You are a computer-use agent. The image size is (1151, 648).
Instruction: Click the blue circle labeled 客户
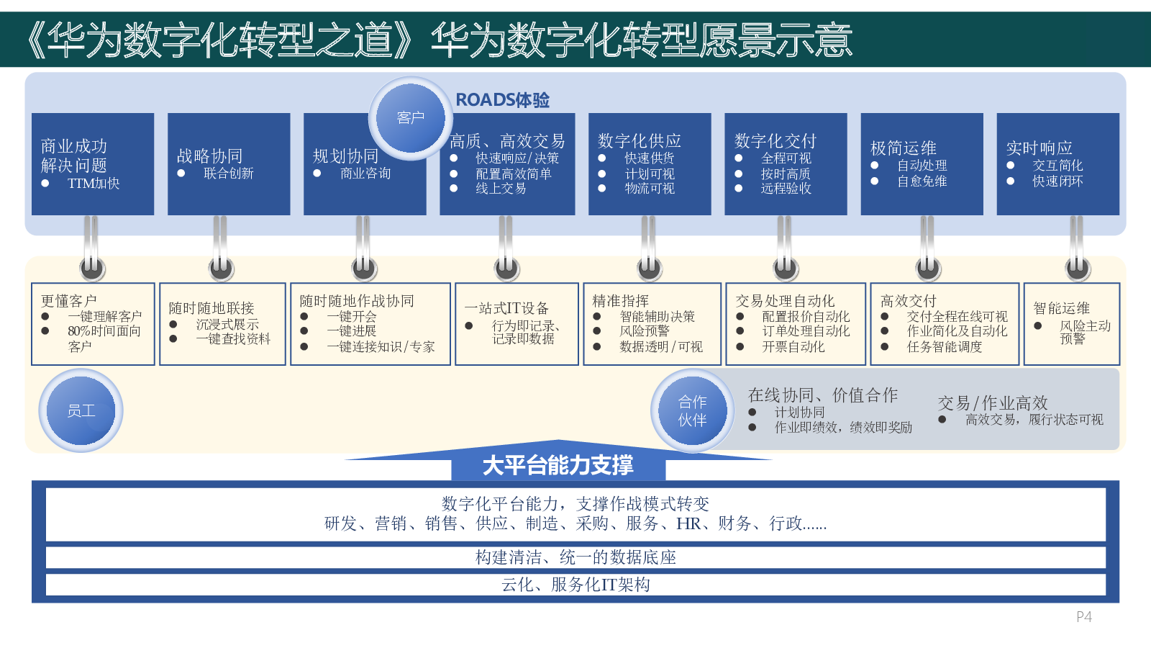coord(410,118)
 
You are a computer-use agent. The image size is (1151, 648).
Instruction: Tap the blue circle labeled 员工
coord(81,410)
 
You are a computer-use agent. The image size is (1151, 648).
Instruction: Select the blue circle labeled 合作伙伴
coord(692,410)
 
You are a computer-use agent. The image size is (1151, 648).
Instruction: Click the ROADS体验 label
coord(502,100)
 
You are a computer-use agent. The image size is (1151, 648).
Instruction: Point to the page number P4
coord(1083,617)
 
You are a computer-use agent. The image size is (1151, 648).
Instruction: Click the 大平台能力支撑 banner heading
coord(558,466)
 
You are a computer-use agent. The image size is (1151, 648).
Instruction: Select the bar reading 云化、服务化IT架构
coord(575,585)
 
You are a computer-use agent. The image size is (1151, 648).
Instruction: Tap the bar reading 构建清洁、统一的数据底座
coord(575,557)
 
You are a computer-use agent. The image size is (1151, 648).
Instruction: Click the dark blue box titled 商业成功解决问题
coord(93,164)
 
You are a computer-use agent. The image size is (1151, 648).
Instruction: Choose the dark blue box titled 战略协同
coord(229,164)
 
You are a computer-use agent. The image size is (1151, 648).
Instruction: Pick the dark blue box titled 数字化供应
coord(650,164)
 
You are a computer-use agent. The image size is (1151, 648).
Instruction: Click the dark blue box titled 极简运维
coord(922,164)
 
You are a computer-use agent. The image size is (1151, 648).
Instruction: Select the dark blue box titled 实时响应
coord(1057,164)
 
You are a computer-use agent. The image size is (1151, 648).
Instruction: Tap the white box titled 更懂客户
coord(93,324)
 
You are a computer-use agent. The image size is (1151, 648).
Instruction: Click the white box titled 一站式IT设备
coord(517,324)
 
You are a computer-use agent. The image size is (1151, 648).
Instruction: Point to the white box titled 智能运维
coord(1071,324)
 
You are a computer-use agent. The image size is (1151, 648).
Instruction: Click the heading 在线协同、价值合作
coord(822,395)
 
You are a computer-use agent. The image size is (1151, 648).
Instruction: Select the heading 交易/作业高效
coord(993,403)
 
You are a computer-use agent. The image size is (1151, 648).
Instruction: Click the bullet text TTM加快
coord(94,184)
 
